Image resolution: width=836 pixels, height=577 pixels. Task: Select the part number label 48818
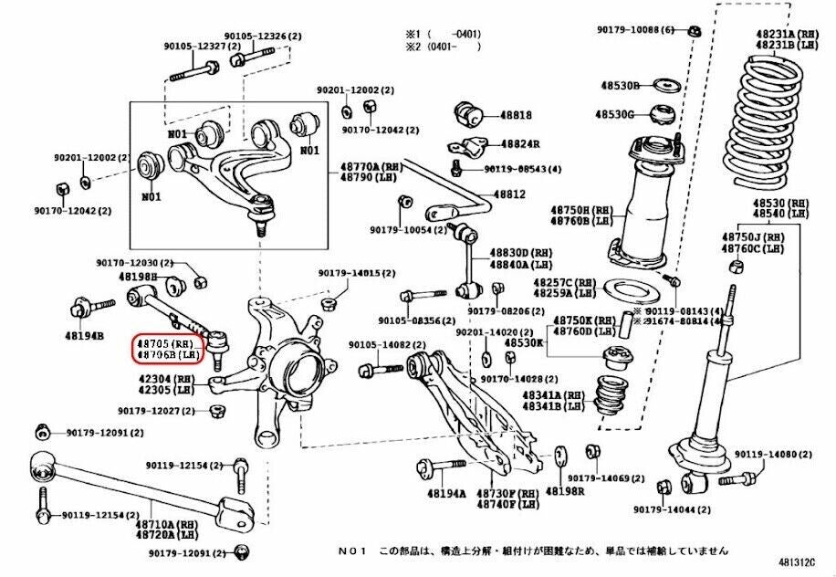click(517, 116)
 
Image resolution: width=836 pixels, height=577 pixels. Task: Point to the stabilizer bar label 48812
click(509, 194)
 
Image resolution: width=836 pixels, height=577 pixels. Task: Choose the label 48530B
click(618, 86)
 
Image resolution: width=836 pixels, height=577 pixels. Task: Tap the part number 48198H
click(138, 276)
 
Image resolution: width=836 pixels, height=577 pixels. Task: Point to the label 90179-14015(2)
click(357, 273)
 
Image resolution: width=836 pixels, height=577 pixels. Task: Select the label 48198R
click(565, 490)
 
